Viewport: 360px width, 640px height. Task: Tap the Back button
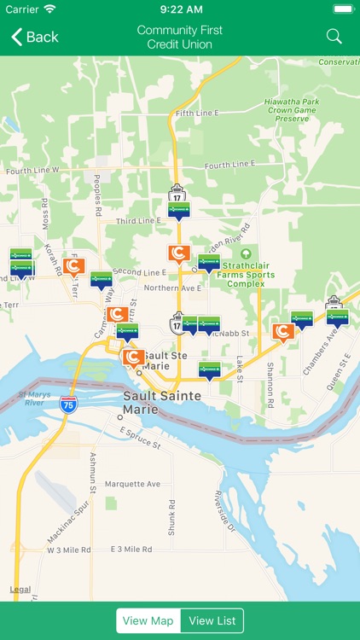coord(35,37)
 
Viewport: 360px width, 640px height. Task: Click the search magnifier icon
coord(334,37)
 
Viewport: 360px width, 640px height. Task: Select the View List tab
coord(212,620)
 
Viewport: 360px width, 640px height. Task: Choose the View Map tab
coord(148,620)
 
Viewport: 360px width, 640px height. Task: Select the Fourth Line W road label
coord(32,170)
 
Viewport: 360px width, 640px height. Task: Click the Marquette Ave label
coord(132,484)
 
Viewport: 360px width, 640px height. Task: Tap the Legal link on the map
coord(20,590)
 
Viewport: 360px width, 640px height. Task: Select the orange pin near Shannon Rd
coord(283,331)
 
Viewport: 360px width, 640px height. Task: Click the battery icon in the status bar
coord(342,9)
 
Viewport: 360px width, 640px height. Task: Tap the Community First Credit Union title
coord(179,37)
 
